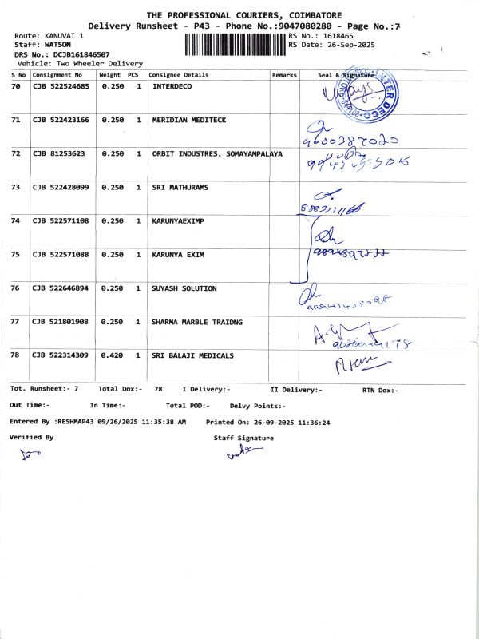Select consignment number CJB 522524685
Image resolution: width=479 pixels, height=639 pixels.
pyautogui.click(x=61, y=85)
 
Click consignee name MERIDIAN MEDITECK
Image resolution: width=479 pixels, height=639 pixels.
pyautogui.click(x=189, y=120)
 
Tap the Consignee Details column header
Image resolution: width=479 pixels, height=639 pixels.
pyautogui.click(x=179, y=74)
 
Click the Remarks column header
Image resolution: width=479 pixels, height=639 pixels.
pyautogui.click(x=284, y=74)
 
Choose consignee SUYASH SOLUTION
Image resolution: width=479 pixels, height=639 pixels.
pyautogui.click(x=184, y=288)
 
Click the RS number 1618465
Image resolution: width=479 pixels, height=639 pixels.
pyautogui.click(x=336, y=37)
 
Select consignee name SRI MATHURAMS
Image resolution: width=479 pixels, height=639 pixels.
pyautogui.click(x=180, y=187)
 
